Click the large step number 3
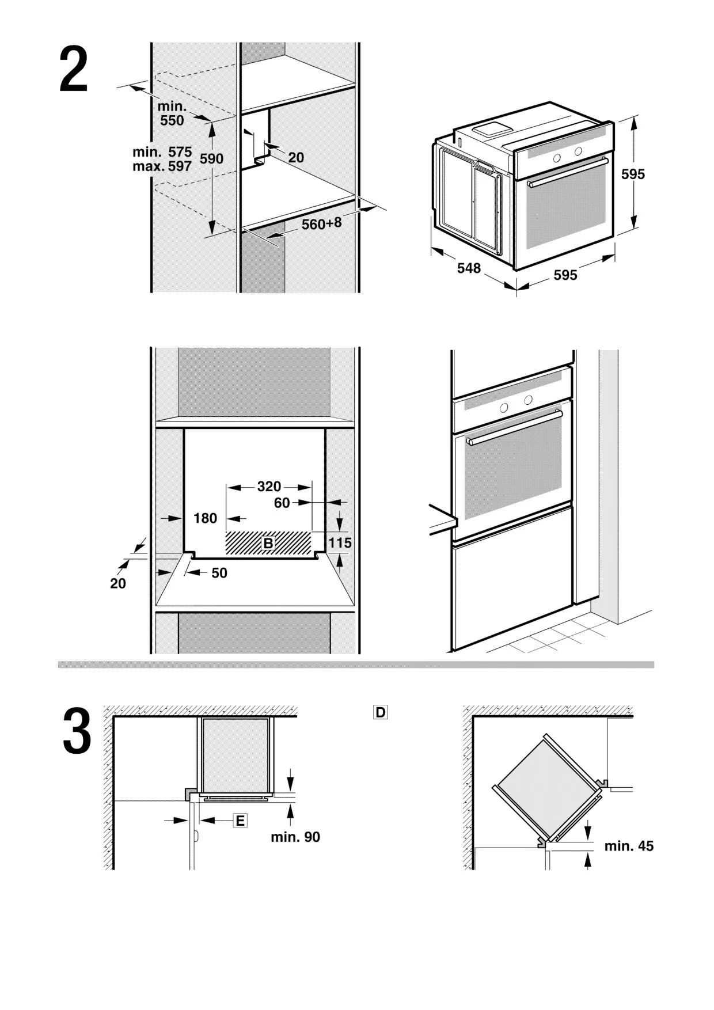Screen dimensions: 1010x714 click(x=77, y=731)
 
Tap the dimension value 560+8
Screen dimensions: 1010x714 click(x=321, y=223)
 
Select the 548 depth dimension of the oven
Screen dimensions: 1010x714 click(x=469, y=268)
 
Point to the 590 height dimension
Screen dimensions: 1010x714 click(x=211, y=158)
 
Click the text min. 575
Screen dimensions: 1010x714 click(x=162, y=152)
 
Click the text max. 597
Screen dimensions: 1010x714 click(x=162, y=167)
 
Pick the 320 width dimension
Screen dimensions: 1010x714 click(x=269, y=487)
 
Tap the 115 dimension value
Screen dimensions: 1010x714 click(x=340, y=542)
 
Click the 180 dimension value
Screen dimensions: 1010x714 click(x=205, y=518)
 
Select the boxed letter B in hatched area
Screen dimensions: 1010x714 click(x=268, y=543)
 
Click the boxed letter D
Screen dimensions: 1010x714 click(x=380, y=712)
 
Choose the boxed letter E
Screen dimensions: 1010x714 click(x=240, y=821)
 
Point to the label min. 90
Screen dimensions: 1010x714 click(x=295, y=837)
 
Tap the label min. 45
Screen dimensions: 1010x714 click(x=629, y=846)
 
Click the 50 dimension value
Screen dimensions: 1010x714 click(x=219, y=573)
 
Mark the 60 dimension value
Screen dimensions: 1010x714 click(x=282, y=503)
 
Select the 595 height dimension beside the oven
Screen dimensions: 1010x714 click(x=633, y=174)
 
